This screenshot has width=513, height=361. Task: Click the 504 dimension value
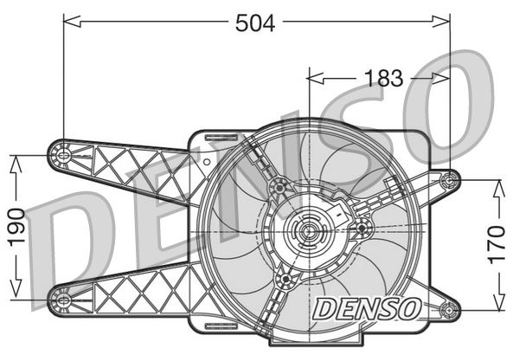tap(255, 23)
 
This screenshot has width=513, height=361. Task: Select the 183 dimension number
tap(383, 78)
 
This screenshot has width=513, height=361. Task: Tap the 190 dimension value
tap(16, 228)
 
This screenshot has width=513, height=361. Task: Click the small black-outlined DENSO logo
tap(367, 309)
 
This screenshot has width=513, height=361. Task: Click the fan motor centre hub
tap(308, 231)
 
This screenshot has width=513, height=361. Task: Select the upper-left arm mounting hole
tap(63, 155)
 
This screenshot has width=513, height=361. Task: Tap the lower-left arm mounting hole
tap(63, 300)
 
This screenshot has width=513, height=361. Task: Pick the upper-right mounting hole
tap(448, 180)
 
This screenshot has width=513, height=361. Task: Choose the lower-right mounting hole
tap(448, 309)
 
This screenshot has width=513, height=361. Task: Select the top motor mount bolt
tap(279, 188)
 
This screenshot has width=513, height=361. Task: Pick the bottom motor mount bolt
tap(286, 279)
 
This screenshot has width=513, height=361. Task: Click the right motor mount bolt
tap(362, 229)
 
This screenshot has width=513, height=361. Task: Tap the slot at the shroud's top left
tap(221, 138)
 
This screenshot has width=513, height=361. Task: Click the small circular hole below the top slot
tap(207, 162)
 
